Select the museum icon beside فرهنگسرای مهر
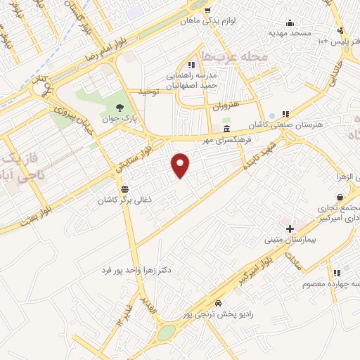(226, 129)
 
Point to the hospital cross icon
(290, 228)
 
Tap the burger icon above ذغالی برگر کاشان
(125, 188)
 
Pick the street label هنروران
(226, 105)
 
